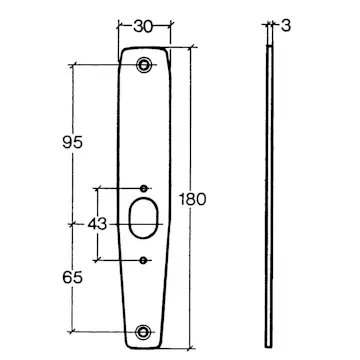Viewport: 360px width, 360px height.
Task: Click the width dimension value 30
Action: (x=143, y=27)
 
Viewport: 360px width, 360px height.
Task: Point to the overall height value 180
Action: (x=195, y=198)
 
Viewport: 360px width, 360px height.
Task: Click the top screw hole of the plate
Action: (x=146, y=66)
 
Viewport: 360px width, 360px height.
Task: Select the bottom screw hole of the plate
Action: (x=146, y=333)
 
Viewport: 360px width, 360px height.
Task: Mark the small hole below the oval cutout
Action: (x=146, y=260)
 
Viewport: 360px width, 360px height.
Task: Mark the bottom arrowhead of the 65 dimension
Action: (x=76, y=329)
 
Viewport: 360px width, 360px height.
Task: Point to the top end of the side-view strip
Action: (x=269, y=47)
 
